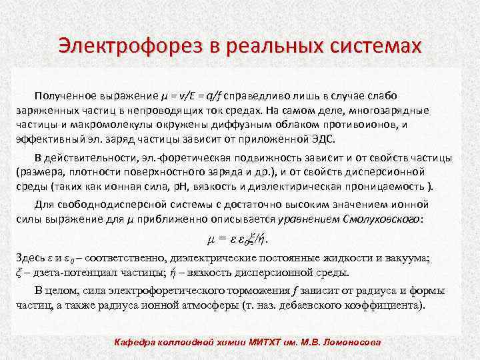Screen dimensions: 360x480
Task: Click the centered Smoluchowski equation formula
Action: point(240,238)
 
